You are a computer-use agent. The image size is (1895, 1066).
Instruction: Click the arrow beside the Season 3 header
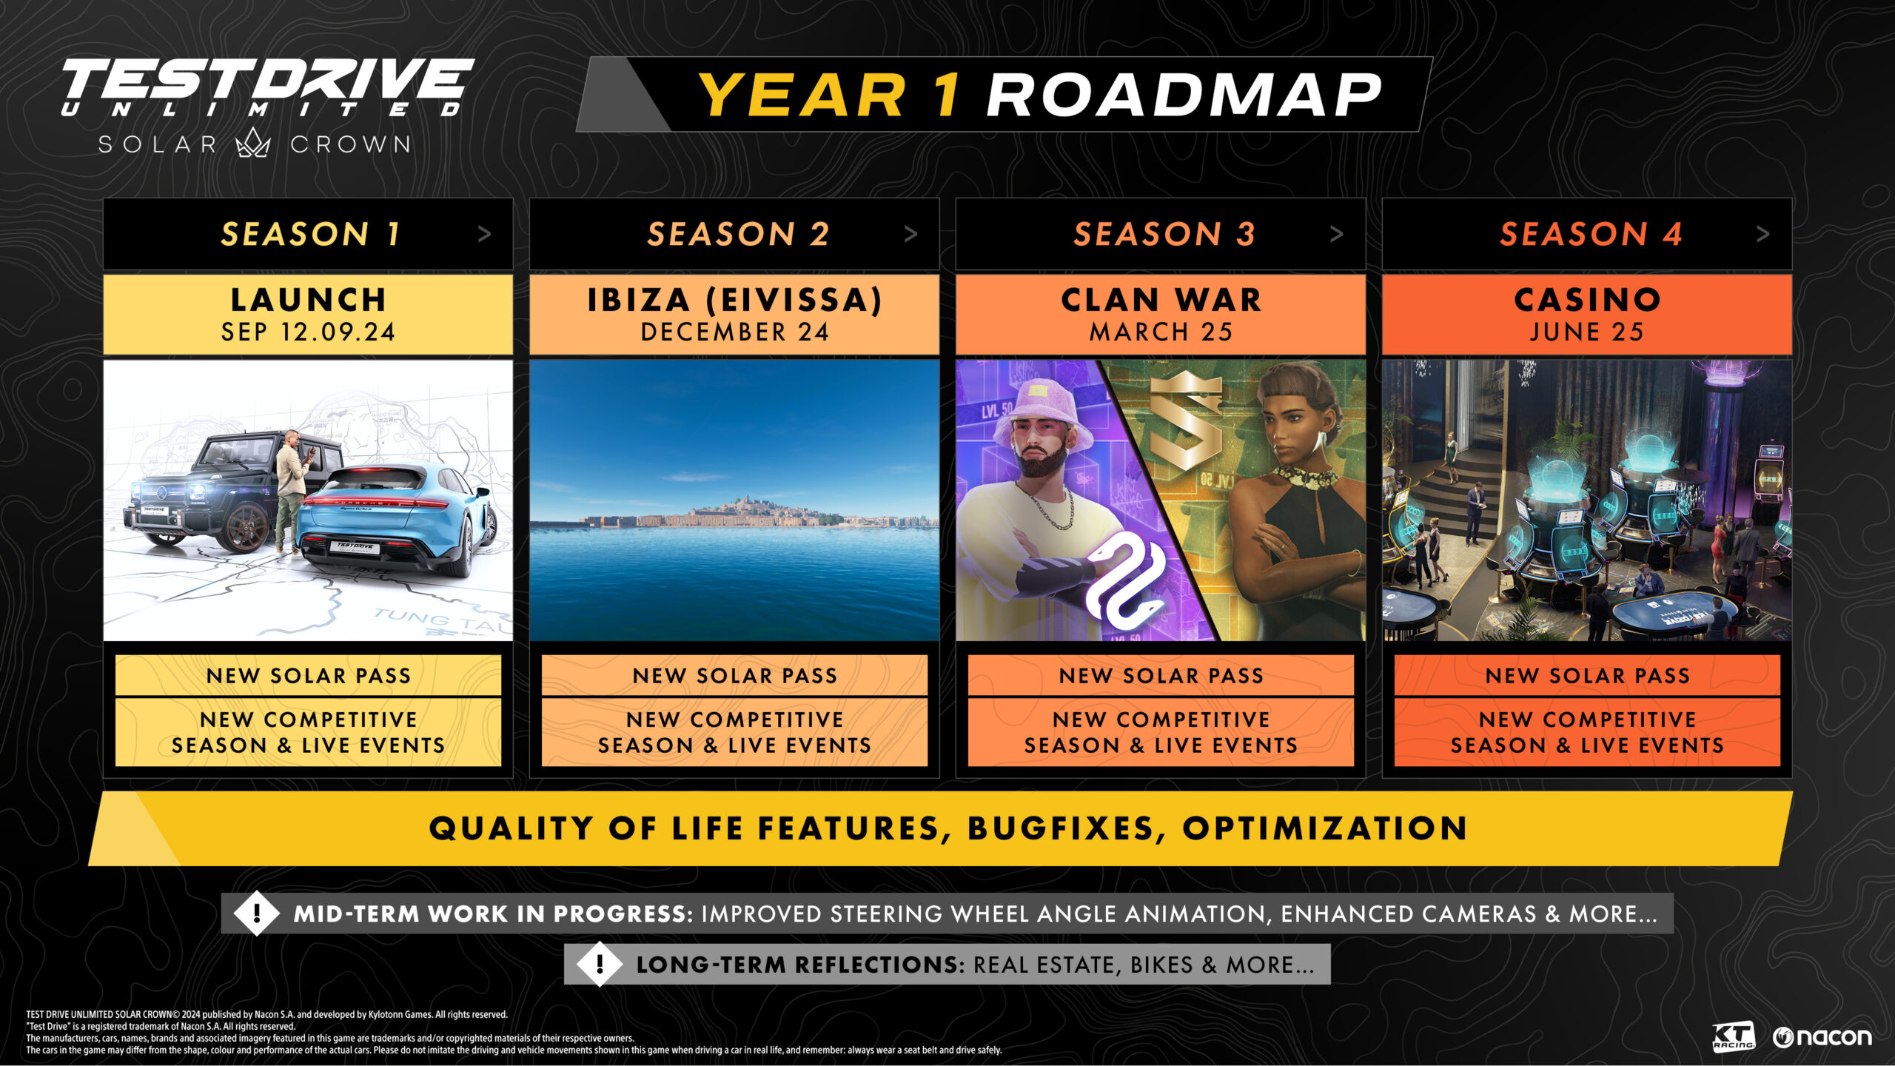point(1336,234)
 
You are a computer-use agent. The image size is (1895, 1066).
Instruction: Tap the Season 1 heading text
point(310,234)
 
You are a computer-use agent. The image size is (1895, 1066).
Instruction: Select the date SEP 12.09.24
point(308,332)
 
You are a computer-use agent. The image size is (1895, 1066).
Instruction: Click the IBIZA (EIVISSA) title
point(734,300)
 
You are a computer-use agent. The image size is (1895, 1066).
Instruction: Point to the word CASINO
point(1587,300)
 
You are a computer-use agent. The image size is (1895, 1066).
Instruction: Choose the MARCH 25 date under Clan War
point(1160,332)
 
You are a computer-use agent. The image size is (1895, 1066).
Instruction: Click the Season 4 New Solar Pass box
point(1587,675)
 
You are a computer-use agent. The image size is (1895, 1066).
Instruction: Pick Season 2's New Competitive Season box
point(734,732)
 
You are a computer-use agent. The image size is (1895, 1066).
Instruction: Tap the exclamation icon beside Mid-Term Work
point(257,914)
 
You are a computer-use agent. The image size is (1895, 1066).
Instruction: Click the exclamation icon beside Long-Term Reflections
point(600,964)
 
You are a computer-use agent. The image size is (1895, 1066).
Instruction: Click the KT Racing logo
point(1733,1036)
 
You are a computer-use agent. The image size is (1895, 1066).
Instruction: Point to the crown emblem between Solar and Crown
point(253,143)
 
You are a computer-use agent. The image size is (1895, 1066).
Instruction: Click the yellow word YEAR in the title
point(802,95)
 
